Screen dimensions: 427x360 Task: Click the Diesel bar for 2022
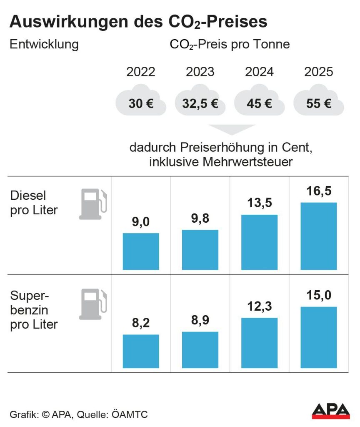(140, 251)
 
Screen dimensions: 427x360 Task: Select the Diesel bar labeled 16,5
(319, 236)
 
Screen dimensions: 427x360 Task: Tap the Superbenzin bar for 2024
(259, 343)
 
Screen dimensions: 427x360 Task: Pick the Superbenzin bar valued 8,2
(140, 351)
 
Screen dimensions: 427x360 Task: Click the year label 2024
(259, 72)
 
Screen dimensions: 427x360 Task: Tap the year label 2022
(140, 72)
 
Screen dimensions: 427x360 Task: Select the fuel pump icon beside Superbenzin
(92, 304)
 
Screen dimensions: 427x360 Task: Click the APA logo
(330, 411)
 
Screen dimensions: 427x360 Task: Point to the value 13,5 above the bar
(259, 203)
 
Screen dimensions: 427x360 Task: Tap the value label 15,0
(319, 295)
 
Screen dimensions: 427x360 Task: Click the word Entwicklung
(44, 45)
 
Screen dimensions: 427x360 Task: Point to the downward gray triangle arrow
(231, 129)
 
